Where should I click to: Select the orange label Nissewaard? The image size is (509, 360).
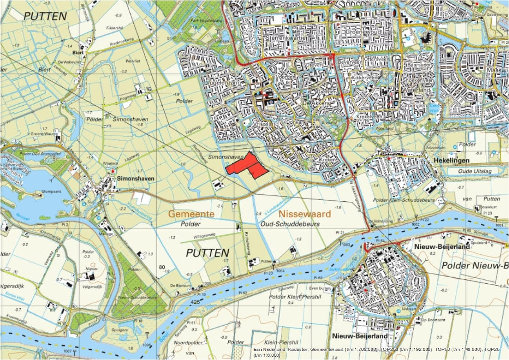305,213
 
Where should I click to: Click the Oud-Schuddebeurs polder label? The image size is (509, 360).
291,224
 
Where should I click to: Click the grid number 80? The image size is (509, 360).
162,267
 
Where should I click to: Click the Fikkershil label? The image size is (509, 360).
114,29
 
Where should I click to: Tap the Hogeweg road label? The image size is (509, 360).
127,97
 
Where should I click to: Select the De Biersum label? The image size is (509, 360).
179,285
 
